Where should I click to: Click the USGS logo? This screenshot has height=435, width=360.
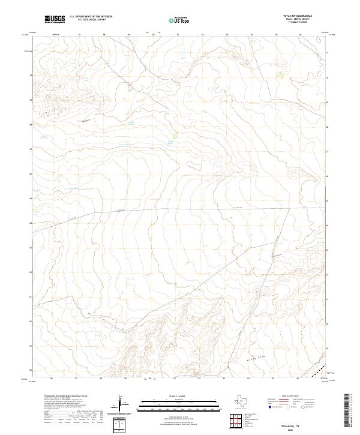point(55,19)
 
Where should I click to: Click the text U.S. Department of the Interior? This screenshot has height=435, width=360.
point(91,16)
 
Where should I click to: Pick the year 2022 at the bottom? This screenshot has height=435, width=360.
point(295,428)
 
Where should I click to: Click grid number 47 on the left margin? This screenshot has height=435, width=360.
point(31,149)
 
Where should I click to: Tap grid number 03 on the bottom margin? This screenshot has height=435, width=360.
point(223,379)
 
